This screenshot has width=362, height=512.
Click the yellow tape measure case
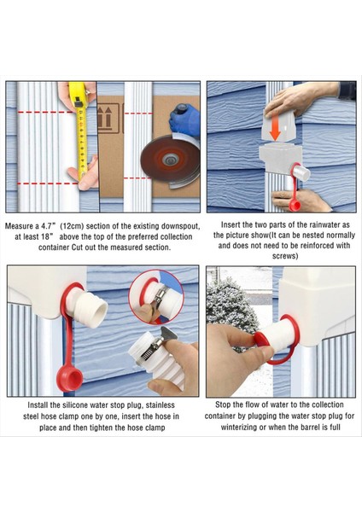pyautogui.click(x=77, y=94)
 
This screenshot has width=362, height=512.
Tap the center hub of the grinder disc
pyautogui.click(x=170, y=160)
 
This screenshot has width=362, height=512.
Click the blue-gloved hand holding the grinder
pyautogui.click(x=184, y=119)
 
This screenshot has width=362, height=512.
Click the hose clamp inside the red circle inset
pyautogui.click(x=161, y=295)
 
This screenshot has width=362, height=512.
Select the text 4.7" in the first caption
pyautogui.click(x=49, y=225)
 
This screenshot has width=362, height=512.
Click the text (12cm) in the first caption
pyautogui.click(x=73, y=225)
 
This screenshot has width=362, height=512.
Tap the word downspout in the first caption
pyautogui.click(x=180, y=226)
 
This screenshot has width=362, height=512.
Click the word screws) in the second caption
pyautogui.click(x=285, y=256)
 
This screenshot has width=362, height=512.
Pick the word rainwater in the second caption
pyautogui.click(x=319, y=225)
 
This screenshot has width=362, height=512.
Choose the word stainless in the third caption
pyautogui.click(x=161, y=405)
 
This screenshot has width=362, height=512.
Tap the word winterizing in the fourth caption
pyautogui.click(x=239, y=428)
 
